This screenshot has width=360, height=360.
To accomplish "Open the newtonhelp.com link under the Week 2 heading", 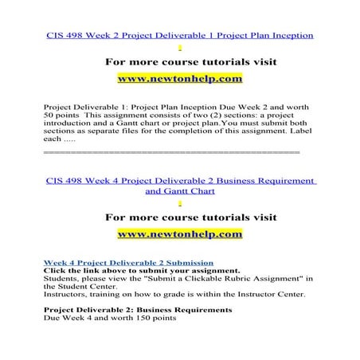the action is (179, 80).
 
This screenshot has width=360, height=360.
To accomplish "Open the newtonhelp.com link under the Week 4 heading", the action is (179, 234).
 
